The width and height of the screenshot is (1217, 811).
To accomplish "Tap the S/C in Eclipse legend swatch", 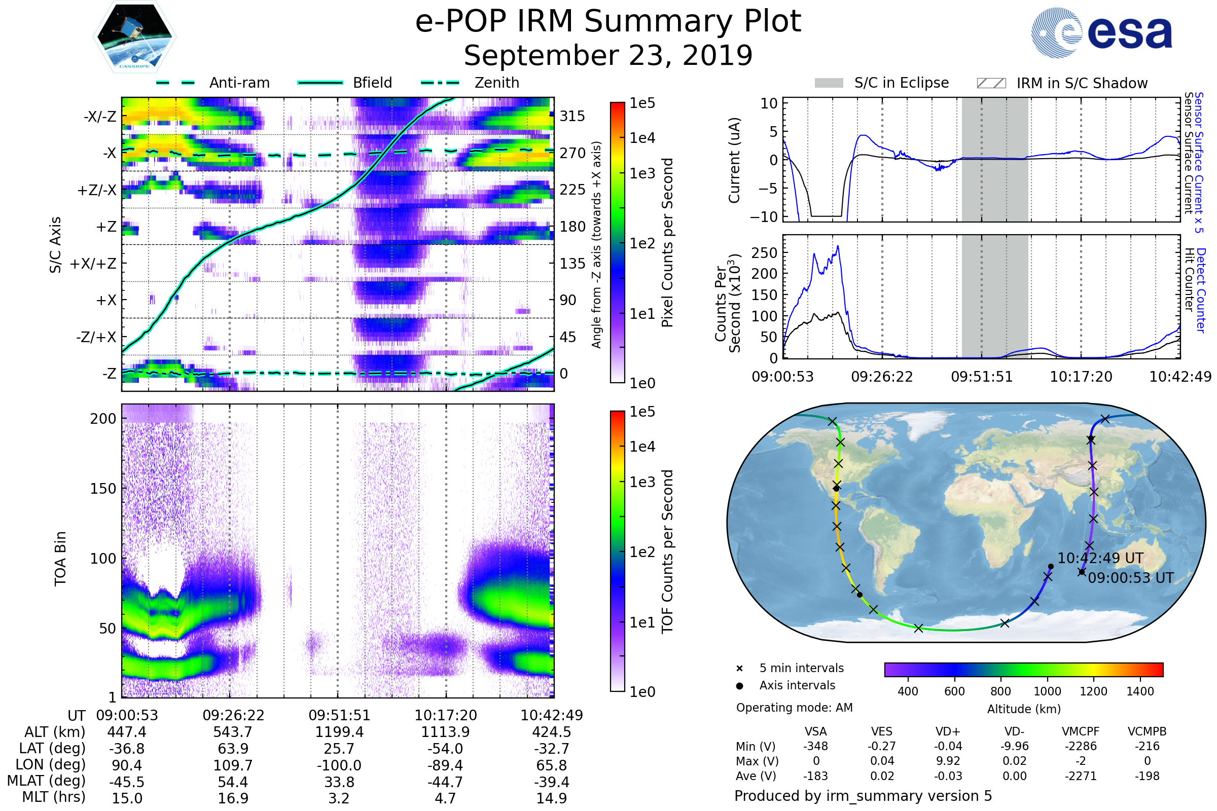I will [x=829, y=83].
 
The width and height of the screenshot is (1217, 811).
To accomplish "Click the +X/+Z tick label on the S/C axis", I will [x=93, y=264].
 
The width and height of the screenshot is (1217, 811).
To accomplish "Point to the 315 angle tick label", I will [x=572, y=116].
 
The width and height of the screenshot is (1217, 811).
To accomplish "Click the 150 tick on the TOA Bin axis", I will [x=103, y=489].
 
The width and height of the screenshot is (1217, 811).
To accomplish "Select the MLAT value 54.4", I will [x=233, y=782].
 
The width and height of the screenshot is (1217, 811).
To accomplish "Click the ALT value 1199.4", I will [x=339, y=732].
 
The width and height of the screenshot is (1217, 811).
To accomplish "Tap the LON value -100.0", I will [x=339, y=765].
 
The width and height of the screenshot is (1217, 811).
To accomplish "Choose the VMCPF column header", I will [x=1080, y=732].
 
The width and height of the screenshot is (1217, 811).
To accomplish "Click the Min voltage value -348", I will [x=815, y=746].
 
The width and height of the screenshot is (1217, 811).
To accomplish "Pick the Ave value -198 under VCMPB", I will [x=1147, y=777].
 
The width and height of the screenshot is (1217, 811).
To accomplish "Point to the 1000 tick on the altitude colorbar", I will [x=1047, y=691].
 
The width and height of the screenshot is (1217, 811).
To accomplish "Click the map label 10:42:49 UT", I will [x=1100, y=558].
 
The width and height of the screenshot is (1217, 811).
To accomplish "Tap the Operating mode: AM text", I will [x=794, y=708].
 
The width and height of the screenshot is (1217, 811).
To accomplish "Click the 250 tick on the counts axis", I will [x=764, y=253].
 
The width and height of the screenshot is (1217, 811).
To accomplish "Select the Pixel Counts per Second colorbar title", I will [x=667, y=242].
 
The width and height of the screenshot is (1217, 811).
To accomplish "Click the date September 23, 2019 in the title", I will [x=608, y=56].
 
